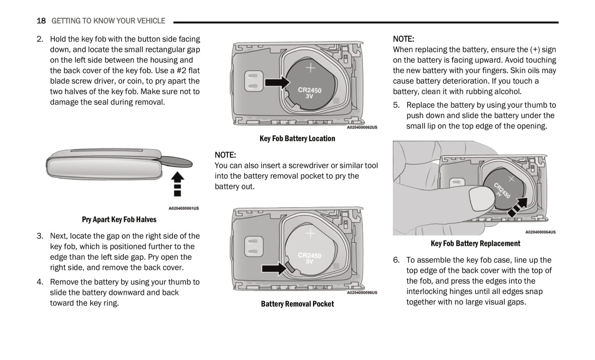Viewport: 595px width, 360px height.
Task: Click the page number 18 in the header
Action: (41, 21)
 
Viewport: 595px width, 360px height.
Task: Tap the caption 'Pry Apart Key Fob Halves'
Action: (119, 220)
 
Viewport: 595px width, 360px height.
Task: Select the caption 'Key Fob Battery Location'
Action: (297, 138)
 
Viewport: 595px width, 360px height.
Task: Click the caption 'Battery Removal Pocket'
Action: (297, 304)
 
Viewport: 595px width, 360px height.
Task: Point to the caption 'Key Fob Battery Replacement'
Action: (475, 243)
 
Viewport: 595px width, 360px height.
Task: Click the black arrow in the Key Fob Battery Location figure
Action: (277, 82)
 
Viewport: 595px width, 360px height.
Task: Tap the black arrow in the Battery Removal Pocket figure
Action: (274, 269)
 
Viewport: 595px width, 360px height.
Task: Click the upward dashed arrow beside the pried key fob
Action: (177, 184)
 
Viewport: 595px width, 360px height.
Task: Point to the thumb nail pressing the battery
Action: (481, 197)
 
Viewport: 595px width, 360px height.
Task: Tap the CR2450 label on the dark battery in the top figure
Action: (310, 90)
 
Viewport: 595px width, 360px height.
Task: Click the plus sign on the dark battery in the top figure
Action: (310, 68)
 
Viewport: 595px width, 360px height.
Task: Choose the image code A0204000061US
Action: (183, 208)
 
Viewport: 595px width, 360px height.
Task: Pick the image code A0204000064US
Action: (540, 232)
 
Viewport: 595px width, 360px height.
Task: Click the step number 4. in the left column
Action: (40, 282)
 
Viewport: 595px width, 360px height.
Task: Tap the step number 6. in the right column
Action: (396, 260)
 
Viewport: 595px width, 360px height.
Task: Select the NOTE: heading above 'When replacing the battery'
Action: (403, 39)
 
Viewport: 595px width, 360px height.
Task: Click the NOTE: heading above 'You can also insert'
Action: (225, 155)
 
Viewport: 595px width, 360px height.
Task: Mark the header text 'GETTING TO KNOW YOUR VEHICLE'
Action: (108, 21)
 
